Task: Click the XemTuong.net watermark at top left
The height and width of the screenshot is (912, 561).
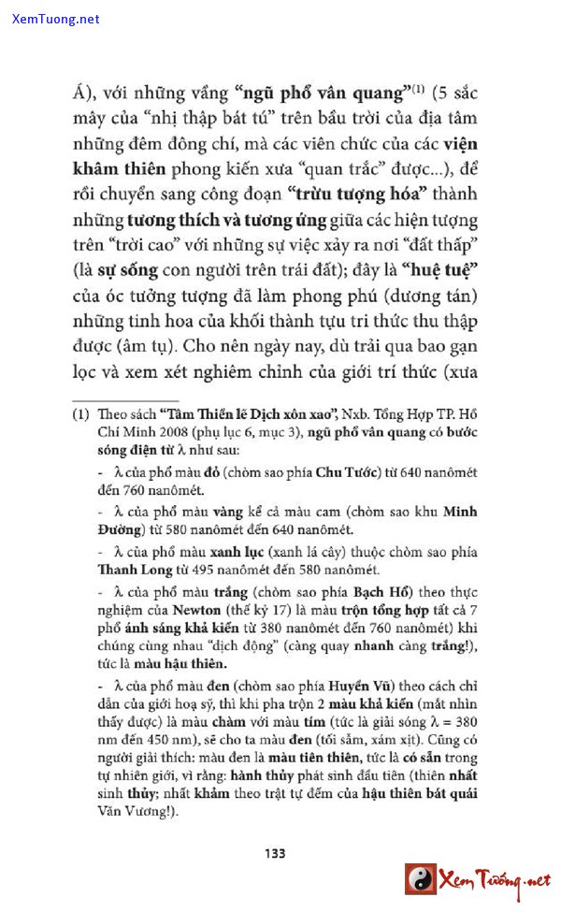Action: [x=55, y=19]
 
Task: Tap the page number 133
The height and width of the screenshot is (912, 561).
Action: [x=274, y=852]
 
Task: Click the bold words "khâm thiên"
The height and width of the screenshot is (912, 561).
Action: [x=119, y=169]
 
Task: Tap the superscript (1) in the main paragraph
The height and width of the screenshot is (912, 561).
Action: [x=420, y=90]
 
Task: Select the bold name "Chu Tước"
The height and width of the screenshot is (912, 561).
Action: [x=349, y=470]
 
